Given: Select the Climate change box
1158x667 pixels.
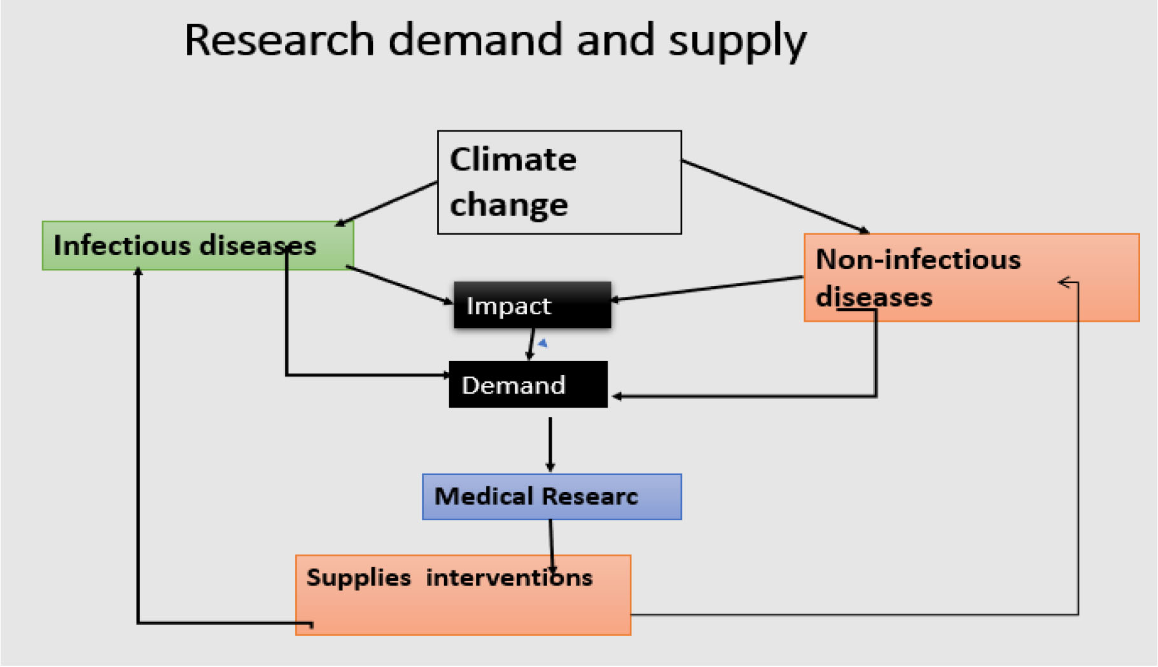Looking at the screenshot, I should coord(559,182).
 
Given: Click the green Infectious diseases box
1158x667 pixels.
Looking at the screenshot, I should coord(197,245).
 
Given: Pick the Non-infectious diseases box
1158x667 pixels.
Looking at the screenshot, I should coord(971,278).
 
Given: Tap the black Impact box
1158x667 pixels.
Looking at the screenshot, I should coord(532,305).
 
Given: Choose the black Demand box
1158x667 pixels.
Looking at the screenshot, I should coord(528,385).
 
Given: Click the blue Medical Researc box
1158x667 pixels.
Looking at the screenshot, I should coord(552,497).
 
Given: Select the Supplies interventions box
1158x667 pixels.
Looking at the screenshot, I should coord(463,595).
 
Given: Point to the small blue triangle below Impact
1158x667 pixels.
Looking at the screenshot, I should coord(543,343).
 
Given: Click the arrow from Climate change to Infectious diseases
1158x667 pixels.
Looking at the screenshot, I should coord(386,203).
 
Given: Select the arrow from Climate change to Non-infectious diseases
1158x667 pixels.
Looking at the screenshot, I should coord(775,196).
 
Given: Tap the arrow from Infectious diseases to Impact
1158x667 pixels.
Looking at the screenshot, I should coord(399,284).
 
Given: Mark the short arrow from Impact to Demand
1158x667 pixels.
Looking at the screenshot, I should coord(531,344).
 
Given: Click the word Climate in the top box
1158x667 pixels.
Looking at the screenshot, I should coord(513,159).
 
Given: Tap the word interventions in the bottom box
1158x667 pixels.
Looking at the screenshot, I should coord(509,578).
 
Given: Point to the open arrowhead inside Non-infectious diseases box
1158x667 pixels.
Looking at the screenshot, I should coord(1067,282).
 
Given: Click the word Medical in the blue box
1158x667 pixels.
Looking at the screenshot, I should coord(484,497).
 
